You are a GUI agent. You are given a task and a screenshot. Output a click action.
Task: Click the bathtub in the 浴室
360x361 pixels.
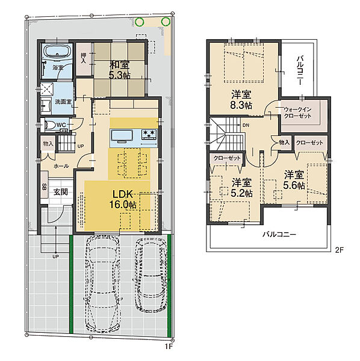tap(57, 52)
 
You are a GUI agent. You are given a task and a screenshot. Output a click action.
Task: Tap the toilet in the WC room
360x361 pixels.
tap(51, 125)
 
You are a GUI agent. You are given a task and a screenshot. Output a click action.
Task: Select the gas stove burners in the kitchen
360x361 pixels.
tap(149, 134)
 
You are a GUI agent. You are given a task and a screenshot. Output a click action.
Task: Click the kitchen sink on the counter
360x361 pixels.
tap(122, 135)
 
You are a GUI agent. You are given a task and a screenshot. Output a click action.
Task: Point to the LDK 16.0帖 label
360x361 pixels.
tap(123, 200)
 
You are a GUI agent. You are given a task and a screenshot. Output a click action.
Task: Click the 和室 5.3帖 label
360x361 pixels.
tap(119, 70)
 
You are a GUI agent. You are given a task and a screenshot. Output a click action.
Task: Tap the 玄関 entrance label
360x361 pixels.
tap(61, 192)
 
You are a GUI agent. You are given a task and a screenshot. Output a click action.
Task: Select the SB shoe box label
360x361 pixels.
tap(44, 187)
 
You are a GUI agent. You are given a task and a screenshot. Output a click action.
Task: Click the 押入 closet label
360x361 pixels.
tap(83, 58)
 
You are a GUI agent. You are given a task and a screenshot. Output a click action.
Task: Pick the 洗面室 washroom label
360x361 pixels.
tap(63, 102)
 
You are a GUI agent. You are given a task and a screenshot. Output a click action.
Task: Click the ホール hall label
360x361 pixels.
tap(61, 166)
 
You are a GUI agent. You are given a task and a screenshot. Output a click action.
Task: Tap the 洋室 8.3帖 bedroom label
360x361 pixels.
tap(241, 99)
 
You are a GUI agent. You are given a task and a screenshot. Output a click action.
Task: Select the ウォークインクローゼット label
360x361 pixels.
tap(297, 113)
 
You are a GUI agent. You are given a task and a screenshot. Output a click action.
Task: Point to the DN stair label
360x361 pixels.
tap(246, 126)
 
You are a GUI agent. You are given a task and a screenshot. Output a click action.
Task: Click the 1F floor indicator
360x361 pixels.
tap(169, 352)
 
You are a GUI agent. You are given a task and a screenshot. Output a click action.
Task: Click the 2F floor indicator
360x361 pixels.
tap(339, 250)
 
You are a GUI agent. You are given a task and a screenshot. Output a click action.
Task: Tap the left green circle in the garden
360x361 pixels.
tap(139, 22)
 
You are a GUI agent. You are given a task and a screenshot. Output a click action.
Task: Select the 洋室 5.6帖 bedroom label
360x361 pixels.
tap(294, 180)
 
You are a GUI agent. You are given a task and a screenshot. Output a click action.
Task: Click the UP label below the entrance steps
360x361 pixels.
tap(56, 256)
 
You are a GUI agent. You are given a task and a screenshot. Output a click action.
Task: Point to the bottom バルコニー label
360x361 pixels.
tap(279, 235)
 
